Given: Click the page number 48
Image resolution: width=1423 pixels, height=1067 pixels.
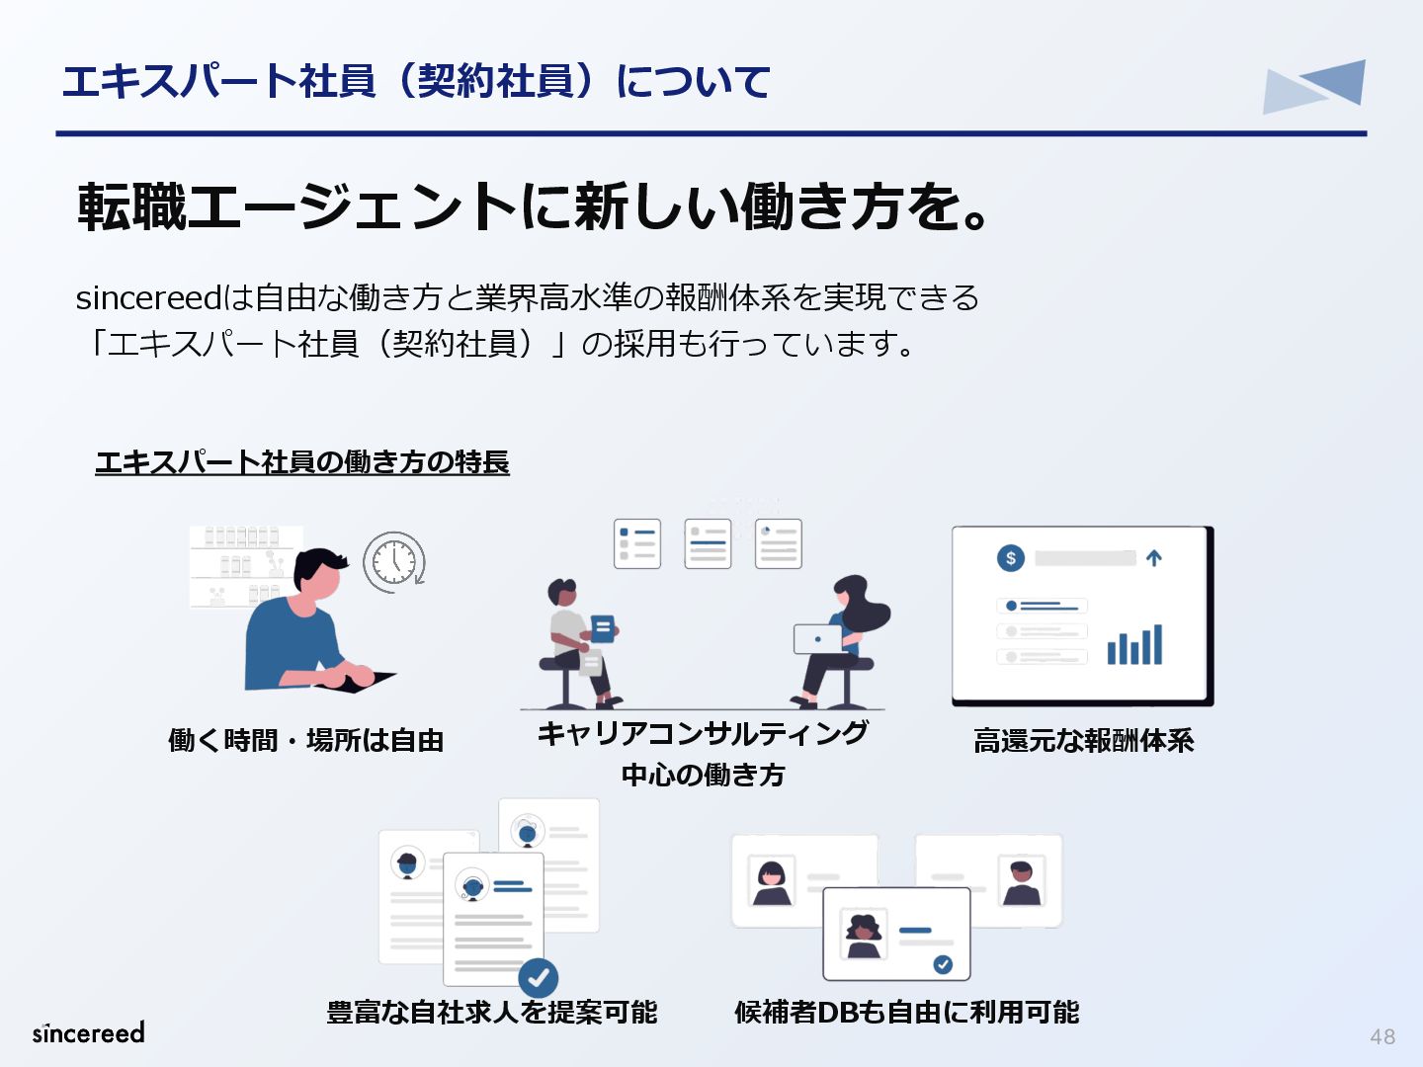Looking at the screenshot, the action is pyautogui.click(x=1381, y=1036).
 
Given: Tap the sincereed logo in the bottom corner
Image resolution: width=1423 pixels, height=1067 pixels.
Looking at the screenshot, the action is pyautogui.click(x=89, y=1032).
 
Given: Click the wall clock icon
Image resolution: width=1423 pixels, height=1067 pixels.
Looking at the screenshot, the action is pyautogui.click(x=393, y=562).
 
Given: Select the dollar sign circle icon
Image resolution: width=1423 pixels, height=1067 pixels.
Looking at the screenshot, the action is pyautogui.click(x=1010, y=558).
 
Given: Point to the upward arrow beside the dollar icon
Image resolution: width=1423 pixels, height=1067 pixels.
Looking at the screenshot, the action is pyautogui.click(x=1153, y=558).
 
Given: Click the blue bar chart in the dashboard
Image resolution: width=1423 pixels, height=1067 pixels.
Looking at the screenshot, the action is pyautogui.click(x=1134, y=645).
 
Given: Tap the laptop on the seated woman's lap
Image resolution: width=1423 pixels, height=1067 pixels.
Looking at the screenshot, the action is pyautogui.click(x=817, y=639).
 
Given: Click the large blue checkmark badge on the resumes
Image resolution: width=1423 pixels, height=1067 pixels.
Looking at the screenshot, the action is pyautogui.click(x=539, y=978).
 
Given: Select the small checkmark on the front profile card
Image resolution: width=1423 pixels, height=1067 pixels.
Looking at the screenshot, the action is pyautogui.click(x=943, y=964).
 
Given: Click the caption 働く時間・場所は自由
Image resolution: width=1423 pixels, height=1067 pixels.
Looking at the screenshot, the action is pyautogui.click(x=305, y=740).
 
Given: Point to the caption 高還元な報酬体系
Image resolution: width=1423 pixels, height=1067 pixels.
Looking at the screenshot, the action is pyautogui.click(x=1083, y=740).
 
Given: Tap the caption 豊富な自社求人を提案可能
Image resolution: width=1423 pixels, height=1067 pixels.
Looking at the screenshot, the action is pyautogui.click(x=492, y=1012).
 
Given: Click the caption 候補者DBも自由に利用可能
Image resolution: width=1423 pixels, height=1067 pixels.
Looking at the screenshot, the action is pyautogui.click(x=906, y=1012).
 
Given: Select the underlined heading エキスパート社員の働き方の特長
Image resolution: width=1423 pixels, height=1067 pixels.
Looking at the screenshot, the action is pyautogui.click(x=301, y=461).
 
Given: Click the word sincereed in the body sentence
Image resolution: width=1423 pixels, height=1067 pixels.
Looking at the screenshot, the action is pyautogui.click(x=149, y=297).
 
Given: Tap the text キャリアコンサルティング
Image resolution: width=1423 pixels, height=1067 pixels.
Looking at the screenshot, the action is pyautogui.click(x=703, y=733).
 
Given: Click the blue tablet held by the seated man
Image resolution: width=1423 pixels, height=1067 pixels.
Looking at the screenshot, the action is pyautogui.click(x=602, y=627).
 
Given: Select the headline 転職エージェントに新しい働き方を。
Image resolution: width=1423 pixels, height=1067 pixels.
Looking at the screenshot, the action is pyautogui.click(x=534, y=206).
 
